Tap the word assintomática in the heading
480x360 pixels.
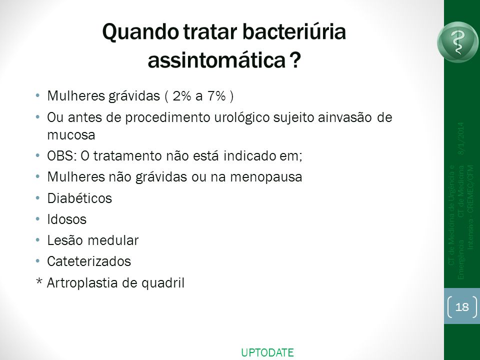tap(216, 60)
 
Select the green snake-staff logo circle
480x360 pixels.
tap(458, 42)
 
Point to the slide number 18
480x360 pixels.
tap(462, 306)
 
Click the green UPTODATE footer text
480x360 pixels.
tap(267, 352)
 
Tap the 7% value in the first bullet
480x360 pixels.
tap(216, 96)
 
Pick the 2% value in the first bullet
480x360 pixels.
tap(182, 96)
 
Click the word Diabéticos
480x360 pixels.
tap(79, 198)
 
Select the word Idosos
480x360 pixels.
tap(66, 219)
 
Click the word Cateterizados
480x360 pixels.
tap(89, 261)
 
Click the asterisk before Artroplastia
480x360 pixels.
tap(39, 281)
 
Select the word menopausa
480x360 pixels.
tap(266, 177)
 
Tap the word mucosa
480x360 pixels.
tap(71, 135)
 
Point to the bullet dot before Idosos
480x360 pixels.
tap(37, 219)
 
